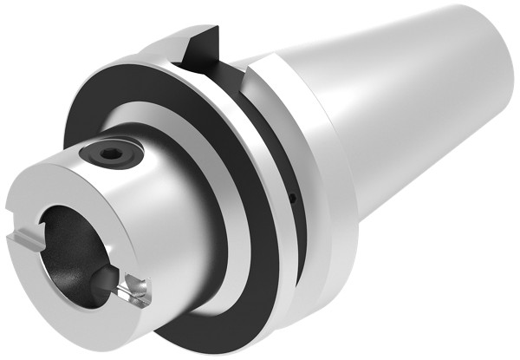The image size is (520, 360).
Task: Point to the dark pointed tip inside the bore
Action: pyautogui.click(x=102, y=279)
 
